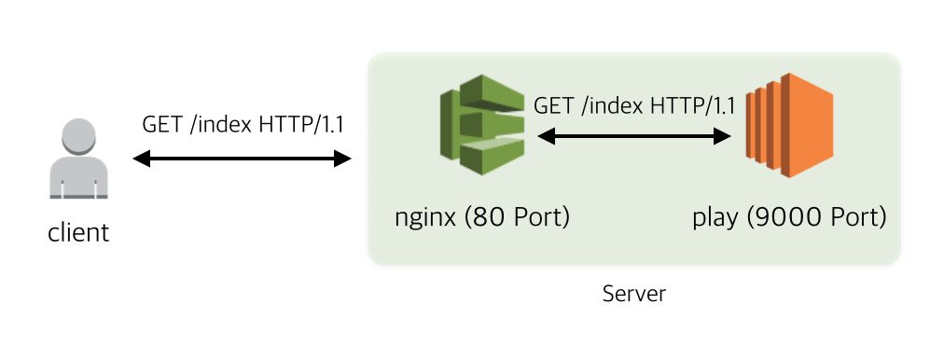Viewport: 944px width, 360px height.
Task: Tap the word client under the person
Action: point(78,232)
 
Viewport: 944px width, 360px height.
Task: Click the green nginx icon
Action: point(481,125)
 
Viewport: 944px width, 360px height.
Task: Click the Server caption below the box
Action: point(634,295)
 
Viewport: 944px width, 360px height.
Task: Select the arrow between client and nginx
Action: point(243,159)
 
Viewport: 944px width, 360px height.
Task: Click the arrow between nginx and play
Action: point(634,137)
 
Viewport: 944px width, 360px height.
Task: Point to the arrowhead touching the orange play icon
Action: point(722,137)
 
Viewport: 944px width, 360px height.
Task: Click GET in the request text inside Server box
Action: point(553,104)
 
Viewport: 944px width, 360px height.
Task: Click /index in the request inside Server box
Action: point(610,104)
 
